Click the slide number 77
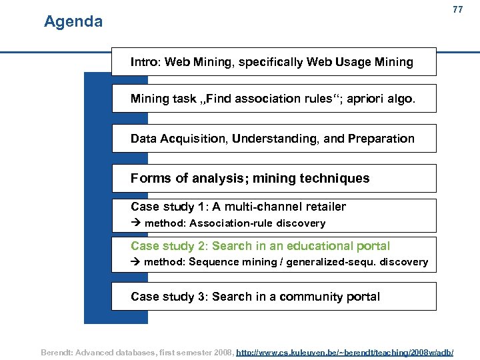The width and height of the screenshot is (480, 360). point(457,9)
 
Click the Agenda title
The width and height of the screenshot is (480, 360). point(73,22)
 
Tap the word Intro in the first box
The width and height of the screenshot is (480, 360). point(144,62)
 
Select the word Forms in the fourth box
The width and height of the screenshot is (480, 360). point(149,178)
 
